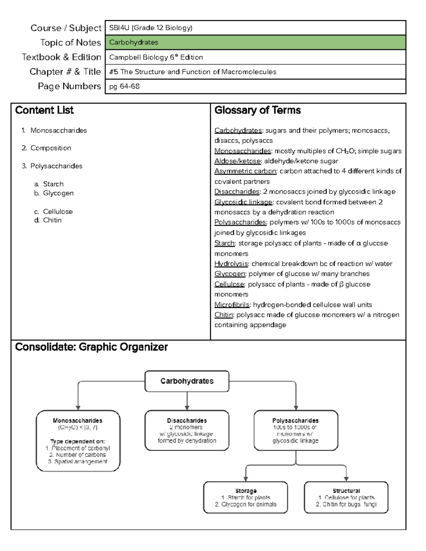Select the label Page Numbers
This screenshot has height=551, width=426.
coord(69,86)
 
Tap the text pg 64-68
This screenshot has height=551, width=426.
coord(124,86)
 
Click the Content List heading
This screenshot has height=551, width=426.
coord(44,110)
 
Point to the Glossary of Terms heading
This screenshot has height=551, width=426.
coord(257,110)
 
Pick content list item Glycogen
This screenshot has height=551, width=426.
coord(58,193)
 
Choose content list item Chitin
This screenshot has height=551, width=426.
coord(52,220)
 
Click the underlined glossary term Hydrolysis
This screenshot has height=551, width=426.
coord(231,264)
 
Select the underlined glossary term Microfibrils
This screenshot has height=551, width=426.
coord(232,304)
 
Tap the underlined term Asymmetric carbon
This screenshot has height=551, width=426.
coord(245,171)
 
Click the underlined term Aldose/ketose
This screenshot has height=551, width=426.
coord(237,161)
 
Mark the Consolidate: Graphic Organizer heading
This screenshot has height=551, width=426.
coord(91,347)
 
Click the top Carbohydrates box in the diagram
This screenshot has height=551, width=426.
coord(187,381)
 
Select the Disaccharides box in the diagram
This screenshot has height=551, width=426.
coord(187,430)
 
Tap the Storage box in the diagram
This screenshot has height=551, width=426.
coord(245,497)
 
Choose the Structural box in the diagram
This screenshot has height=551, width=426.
coord(346,497)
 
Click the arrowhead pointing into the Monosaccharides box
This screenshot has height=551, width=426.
coord(78,408)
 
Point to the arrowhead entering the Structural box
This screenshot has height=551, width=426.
coord(346,479)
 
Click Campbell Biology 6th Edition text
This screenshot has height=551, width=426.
coord(156,57)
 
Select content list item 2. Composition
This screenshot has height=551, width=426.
coord(50,148)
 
